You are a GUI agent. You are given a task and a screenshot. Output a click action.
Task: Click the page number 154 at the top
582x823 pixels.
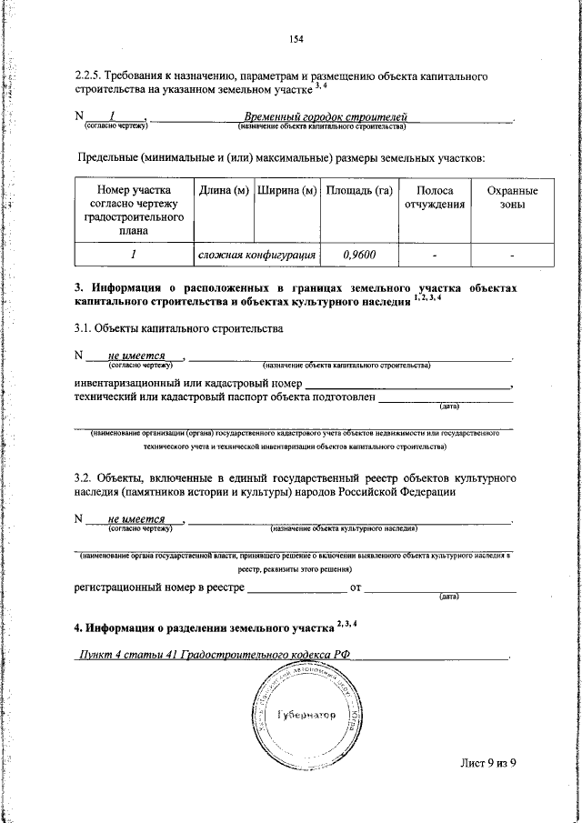[296, 38]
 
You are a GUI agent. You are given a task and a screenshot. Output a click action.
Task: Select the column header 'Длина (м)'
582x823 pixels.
[224, 192]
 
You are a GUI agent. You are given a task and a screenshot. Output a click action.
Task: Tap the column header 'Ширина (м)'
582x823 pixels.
[286, 192]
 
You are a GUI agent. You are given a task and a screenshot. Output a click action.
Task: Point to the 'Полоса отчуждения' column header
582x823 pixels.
[435, 198]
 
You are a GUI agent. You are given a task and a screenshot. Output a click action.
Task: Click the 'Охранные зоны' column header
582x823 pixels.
[512, 198]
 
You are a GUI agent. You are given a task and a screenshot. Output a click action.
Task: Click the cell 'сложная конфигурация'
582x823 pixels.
[256, 256]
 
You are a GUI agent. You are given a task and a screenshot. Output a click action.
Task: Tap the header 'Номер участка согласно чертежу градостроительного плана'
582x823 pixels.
[134, 211]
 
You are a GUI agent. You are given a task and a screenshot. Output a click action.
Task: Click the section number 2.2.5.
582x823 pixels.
[91, 77]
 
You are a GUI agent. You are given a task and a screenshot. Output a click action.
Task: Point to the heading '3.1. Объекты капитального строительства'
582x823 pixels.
[178, 326]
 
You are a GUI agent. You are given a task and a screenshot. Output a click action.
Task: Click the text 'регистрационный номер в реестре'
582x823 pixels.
[159, 588]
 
